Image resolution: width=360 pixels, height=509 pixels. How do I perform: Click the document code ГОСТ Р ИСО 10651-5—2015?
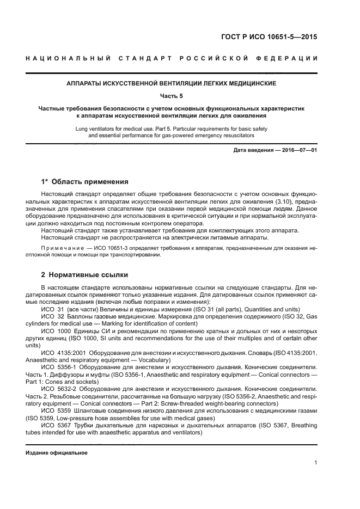click(x=278, y=38)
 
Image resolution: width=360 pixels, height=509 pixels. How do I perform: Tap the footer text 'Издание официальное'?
click(x=57, y=452)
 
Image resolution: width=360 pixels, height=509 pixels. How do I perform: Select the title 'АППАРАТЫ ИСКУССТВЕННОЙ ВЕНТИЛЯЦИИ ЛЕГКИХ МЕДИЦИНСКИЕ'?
click(x=172, y=84)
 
